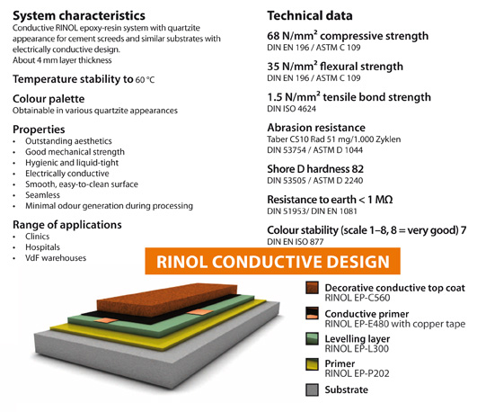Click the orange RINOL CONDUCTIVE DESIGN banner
coord(272,261)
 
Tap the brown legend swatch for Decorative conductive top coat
coord(312,288)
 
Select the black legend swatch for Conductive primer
coord(312,313)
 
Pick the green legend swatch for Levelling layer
coord(312,338)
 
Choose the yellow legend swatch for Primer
coord(312,364)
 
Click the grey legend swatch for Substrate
coord(312,390)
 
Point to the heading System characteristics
coord(79,15)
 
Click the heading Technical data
coord(310,15)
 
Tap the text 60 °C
coord(146,80)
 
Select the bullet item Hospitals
coord(42,247)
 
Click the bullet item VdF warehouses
coord(56,258)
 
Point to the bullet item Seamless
coord(42,195)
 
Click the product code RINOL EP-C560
coord(358,298)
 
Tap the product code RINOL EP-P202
coord(358,373)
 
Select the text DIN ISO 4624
coord(291,109)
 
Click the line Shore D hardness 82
coord(315,169)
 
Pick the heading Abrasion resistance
coord(316,128)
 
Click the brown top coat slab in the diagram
coord(167,300)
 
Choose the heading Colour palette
coord(49,99)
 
